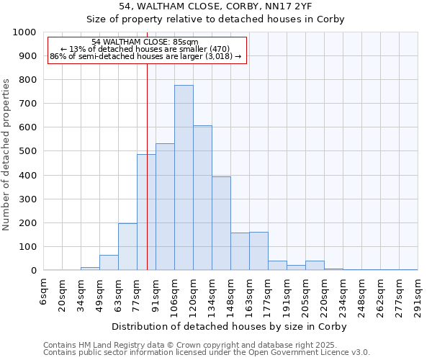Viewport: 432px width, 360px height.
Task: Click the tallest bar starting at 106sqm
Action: tap(184, 178)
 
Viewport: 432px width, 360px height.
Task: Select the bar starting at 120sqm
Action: tap(202, 198)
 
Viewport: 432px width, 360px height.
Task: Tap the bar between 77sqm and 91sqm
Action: tap(146, 212)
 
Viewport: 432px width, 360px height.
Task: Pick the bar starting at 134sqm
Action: tap(221, 223)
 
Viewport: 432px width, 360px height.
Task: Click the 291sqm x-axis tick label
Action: tap(418, 295)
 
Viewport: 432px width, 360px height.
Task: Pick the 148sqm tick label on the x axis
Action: tap(230, 295)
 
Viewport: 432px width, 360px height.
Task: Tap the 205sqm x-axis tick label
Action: tap(305, 295)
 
